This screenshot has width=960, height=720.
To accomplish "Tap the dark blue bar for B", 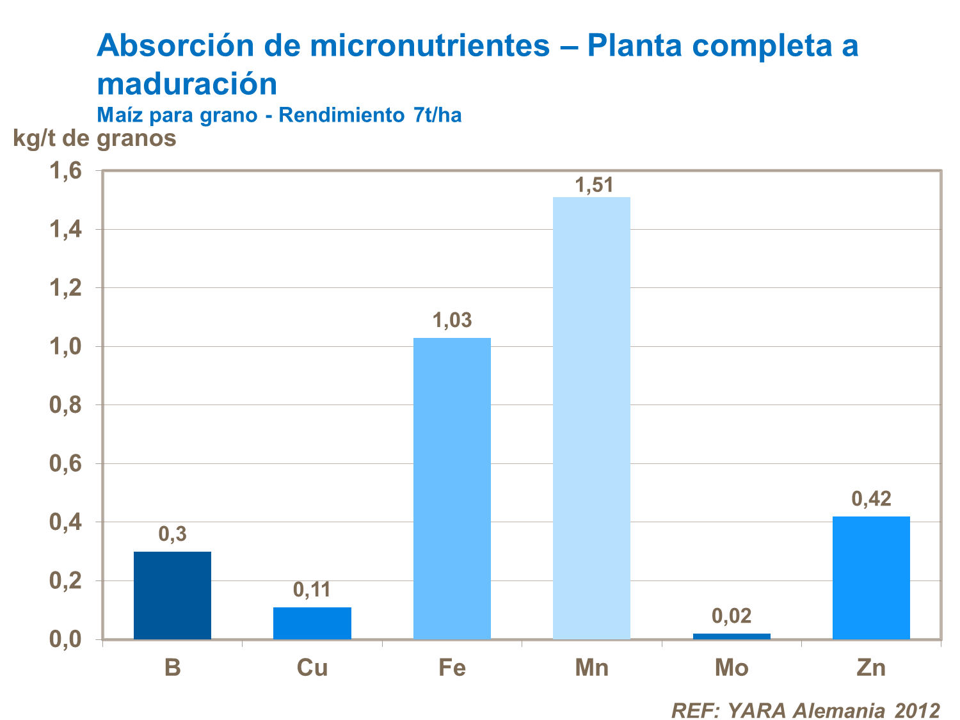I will [172, 595].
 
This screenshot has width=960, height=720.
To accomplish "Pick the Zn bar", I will [871, 577].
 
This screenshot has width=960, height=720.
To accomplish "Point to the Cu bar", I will [312, 623].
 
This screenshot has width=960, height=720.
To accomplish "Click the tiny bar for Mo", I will [732, 636].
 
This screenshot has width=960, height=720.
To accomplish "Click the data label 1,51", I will [594, 186].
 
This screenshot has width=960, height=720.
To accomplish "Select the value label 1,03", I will [452, 320].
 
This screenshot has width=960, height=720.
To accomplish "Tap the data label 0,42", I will [871, 499].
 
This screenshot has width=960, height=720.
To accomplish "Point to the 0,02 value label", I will [732, 616].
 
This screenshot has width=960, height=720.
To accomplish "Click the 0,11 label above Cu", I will [312, 589].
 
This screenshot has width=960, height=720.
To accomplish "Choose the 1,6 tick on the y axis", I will [65, 171].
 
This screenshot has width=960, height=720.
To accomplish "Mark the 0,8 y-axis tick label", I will [65, 406].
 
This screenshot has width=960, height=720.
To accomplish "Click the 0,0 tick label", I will [65, 639].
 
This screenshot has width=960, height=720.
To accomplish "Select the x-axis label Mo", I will [732, 668].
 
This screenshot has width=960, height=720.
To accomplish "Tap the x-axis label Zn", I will [871, 668].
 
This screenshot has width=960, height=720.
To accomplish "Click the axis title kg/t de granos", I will [95, 138].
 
